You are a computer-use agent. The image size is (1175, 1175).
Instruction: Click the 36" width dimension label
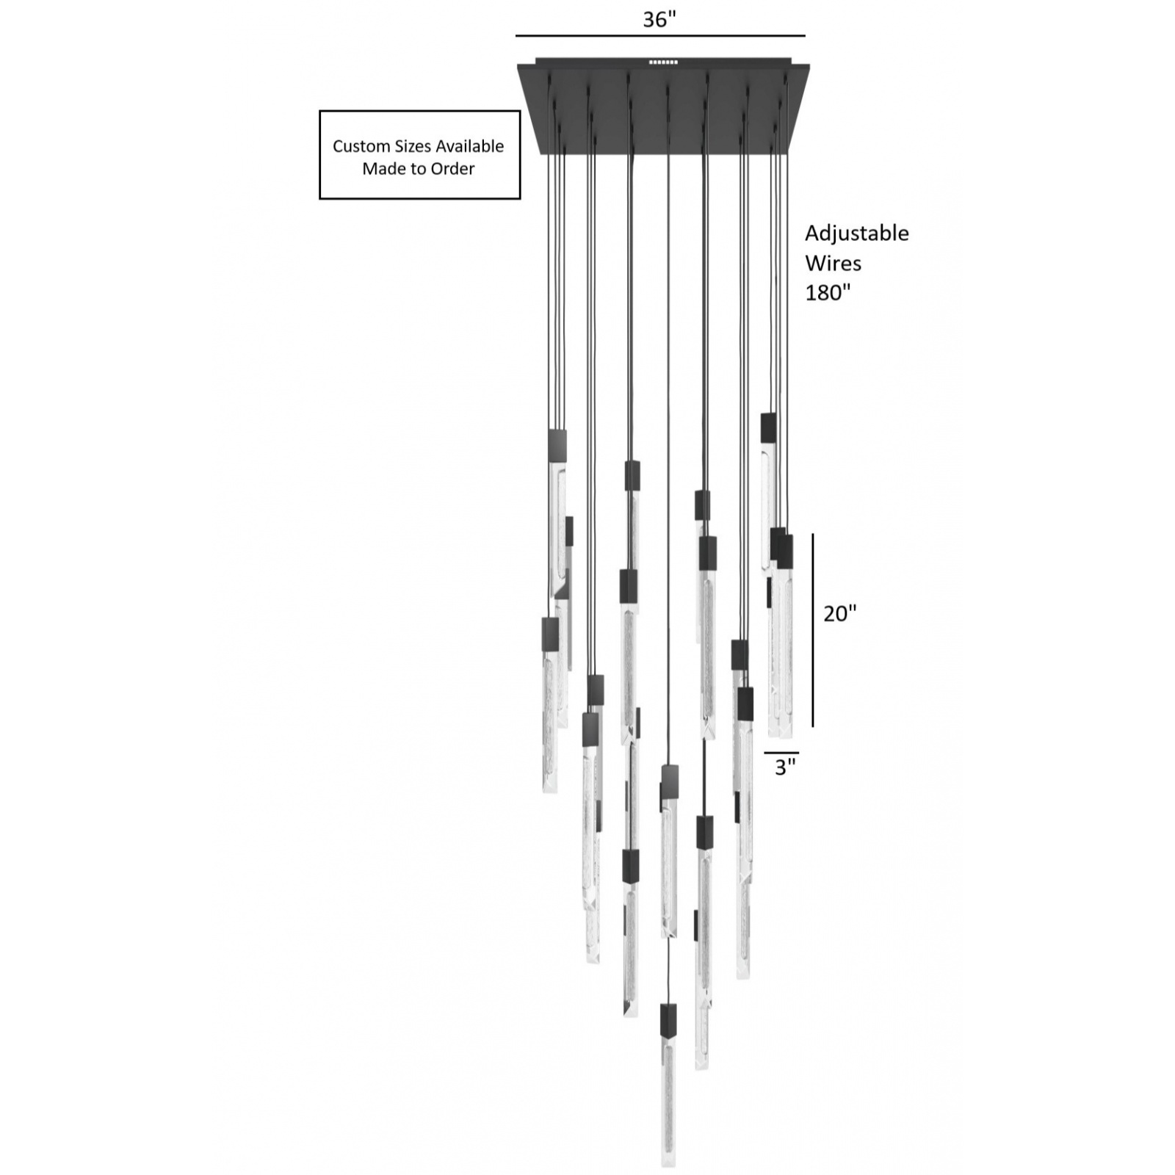pos(659,20)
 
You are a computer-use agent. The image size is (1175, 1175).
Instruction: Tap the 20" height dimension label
pos(839,613)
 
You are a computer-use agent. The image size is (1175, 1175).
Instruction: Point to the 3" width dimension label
pos(785,767)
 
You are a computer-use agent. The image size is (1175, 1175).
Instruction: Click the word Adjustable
pos(856,234)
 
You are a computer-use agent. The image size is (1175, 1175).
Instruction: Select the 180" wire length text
pos(828,292)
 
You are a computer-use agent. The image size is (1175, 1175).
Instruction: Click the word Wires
pos(833,263)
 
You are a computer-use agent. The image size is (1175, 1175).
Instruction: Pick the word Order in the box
pos(452,169)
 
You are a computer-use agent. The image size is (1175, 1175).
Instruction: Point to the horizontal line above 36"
pos(659,35)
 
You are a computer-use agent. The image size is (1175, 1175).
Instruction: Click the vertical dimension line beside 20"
pos(813,630)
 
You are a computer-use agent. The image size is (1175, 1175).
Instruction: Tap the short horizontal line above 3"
pos(781,753)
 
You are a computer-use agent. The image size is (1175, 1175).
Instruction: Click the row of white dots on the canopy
pos(663,62)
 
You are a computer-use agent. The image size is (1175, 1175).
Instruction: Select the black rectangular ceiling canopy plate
pos(663,110)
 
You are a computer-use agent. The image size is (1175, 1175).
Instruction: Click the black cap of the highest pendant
pos(768,427)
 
